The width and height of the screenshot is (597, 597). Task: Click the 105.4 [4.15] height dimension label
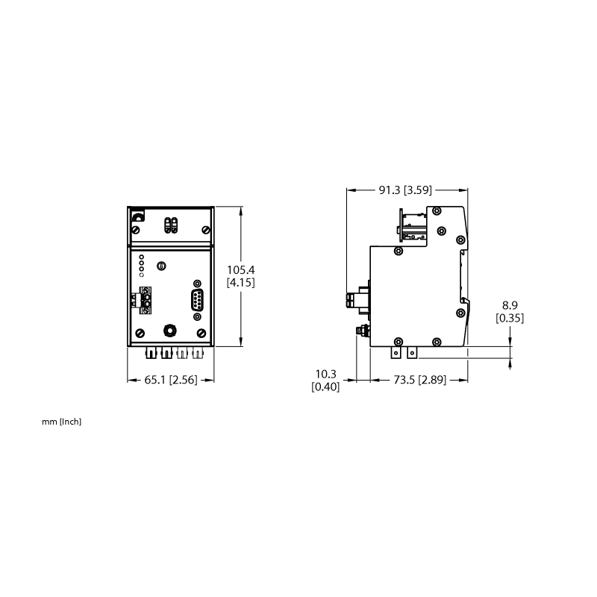pyautogui.click(x=240, y=276)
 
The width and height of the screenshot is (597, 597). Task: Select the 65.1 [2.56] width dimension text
pyautogui.click(x=171, y=380)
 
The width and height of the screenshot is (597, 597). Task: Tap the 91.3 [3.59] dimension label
pyautogui.click(x=405, y=190)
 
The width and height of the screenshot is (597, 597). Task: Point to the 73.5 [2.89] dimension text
pyautogui.click(x=419, y=380)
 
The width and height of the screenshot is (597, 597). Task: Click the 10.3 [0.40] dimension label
pyautogui.click(x=325, y=380)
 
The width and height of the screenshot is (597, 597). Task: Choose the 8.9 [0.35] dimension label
pyautogui.click(x=510, y=311)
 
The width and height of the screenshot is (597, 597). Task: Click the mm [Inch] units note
pyautogui.click(x=62, y=422)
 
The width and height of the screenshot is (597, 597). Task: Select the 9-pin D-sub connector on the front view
pyautogui.click(x=197, y=300)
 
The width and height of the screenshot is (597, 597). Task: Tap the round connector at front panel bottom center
pyautogui.click(x=170, y=330)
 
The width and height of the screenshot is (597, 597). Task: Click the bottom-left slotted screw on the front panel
pyautogui.click(x=140, y=333)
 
